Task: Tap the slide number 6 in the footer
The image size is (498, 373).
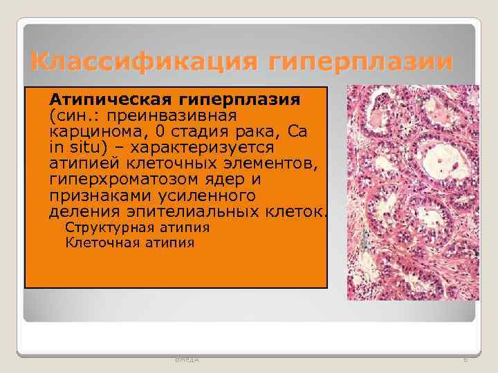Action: pyautogui.click(x=465, y=359)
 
